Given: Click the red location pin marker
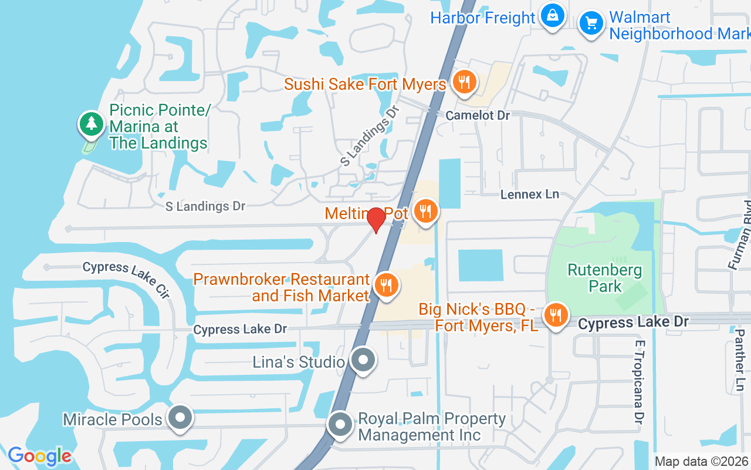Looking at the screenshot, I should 376,220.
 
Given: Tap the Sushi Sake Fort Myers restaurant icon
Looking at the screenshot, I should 465,82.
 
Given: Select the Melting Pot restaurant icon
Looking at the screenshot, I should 425,211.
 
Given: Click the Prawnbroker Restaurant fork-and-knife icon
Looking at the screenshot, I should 385,286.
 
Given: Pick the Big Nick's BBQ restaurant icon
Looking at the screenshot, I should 554,315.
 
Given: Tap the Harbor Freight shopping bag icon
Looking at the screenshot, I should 552,16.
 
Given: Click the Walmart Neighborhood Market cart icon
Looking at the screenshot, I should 591,24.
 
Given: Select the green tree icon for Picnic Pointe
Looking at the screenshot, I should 91,123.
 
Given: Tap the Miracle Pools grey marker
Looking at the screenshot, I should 180,418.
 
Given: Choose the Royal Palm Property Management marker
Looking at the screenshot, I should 340,425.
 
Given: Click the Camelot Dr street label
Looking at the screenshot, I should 478,115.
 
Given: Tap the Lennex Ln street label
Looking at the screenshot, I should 529,194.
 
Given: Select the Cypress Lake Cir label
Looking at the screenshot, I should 126,278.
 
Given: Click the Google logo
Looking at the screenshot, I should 39,456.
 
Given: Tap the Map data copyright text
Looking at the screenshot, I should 702,462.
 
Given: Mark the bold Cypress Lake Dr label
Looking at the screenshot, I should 632,322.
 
